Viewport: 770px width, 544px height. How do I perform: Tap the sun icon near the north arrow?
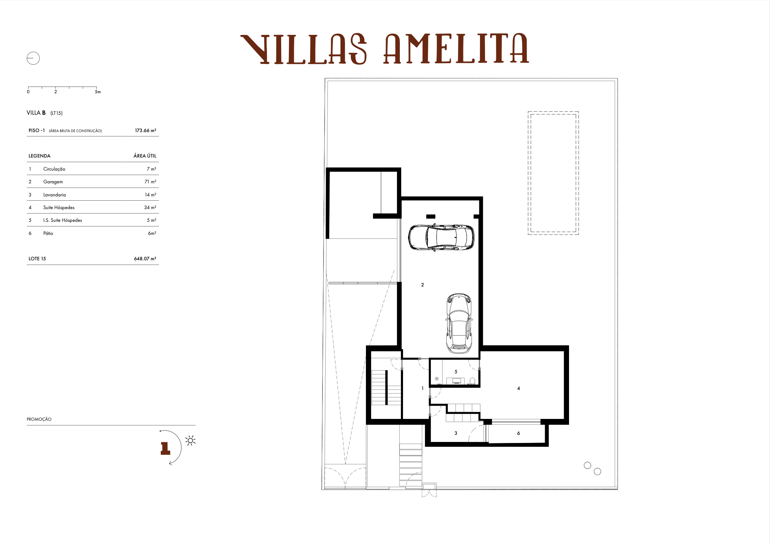click(x=190, y=440)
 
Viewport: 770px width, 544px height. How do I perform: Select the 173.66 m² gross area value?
click(x=145, y=131)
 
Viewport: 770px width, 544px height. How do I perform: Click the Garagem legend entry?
click(x=53, y=182)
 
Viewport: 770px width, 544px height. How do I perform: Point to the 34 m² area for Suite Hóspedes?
click(x=150, y=208)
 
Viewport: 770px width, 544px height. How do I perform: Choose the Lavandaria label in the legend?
click(x=54, y=195)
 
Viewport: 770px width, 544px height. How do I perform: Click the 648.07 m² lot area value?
click(x=145, y=259)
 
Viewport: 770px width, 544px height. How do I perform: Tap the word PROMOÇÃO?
click(x=39, y=419)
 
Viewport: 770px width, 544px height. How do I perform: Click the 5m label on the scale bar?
click(x=98, y=92)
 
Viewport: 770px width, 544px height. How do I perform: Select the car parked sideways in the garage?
click(x=441, y=237)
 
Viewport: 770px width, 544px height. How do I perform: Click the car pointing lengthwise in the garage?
click(x=459, y=323)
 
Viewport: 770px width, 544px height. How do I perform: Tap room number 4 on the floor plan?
click(x=519, y=389)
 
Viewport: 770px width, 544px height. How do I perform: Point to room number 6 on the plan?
click(x=519, y=433)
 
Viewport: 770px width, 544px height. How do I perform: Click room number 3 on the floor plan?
click(x=456, y=433)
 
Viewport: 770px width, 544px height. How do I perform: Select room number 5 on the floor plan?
click(x=456, y=372)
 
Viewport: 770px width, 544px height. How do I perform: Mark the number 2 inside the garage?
click(x=422, y=285)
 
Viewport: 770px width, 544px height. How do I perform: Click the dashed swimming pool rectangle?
click(x=553, y=173)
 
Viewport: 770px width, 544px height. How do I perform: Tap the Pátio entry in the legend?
click(x=48, y=233)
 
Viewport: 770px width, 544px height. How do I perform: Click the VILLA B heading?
click(x=36, y=113)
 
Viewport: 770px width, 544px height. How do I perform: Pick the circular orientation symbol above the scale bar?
click(x=33, y=58)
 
